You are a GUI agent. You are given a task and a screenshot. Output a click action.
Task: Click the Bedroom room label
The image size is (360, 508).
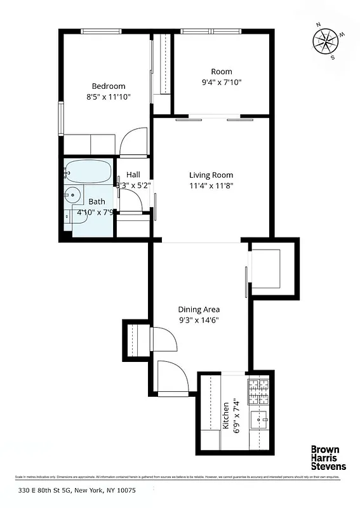tap(108, 86)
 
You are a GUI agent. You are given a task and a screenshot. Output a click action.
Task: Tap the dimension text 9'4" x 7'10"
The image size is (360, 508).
tap(222, 82)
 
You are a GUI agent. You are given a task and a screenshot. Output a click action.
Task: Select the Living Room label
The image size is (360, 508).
tap(211, 175)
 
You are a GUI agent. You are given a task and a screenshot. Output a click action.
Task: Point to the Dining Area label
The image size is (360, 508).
tap(199, 309)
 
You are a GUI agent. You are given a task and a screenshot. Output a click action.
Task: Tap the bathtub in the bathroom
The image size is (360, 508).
tap(89, 171)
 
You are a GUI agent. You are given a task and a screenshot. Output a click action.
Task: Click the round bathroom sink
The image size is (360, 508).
tap(73, 196)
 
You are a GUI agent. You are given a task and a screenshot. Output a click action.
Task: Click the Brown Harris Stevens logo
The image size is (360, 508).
tap(328, 458)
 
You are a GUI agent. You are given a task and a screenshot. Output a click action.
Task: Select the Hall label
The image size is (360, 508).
tap(133, 175)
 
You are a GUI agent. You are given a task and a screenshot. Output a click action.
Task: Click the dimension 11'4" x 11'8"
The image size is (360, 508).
tap(211, 186)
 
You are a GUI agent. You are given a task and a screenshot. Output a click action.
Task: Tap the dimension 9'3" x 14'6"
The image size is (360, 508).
tap(199, 320)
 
